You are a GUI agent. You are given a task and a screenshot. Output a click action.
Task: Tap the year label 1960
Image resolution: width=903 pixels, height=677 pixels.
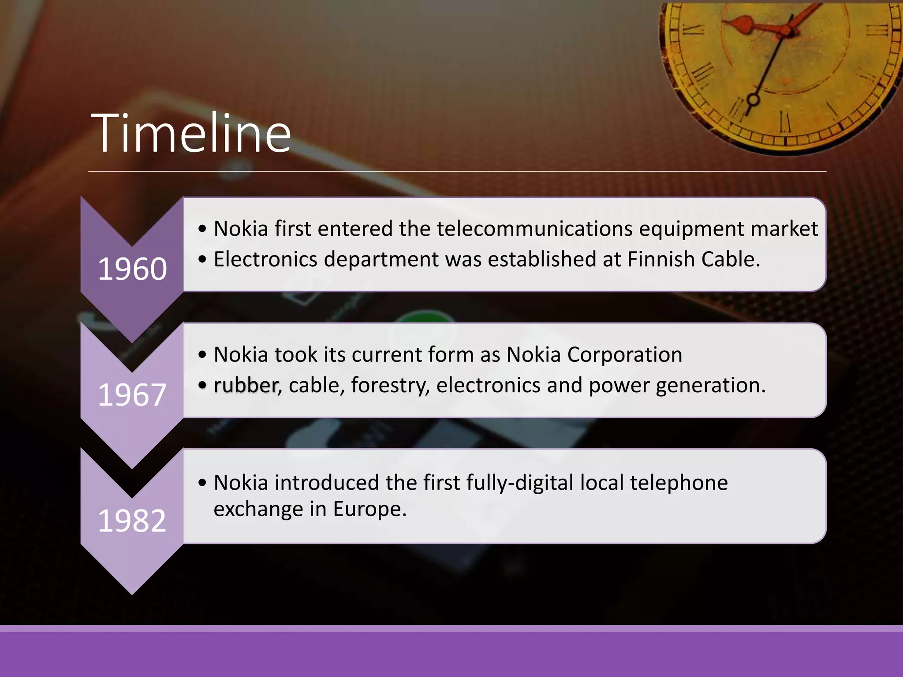pyautogui.click(x=132, y=269)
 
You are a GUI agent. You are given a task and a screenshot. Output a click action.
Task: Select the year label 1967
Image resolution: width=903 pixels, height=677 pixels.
pyautogui.click(x=132, y=394)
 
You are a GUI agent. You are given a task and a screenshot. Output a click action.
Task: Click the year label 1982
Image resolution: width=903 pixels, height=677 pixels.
pyautogui.click(x=132, y=521)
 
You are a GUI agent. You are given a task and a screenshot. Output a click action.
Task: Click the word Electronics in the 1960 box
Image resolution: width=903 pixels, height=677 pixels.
pyautogui.click(x=265, y=259)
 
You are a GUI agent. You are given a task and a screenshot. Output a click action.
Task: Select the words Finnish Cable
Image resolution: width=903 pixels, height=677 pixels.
pyautogui.click(x=693, y=259)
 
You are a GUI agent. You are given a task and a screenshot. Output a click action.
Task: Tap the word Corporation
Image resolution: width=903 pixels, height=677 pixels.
pyautogui.click(x=625, y=354)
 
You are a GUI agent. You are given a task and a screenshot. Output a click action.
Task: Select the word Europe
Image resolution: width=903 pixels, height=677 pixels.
pyautogui.click(x=369, y=509)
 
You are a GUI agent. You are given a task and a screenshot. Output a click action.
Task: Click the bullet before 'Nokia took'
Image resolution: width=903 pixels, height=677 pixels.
pyautogui.click(x=202, y=355)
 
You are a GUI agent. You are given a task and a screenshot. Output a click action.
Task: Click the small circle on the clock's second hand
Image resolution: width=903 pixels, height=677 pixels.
pyautogui.click(x=753, y=100)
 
